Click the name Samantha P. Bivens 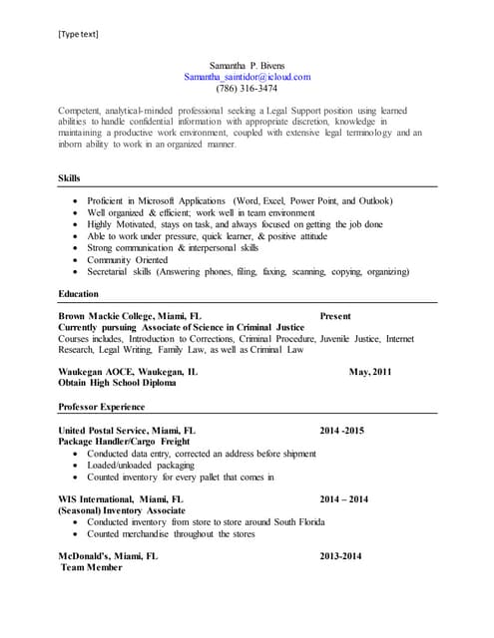click(x=247, y=65)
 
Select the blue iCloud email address click(x=247, y=76)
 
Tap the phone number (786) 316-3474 click(x=247, y=88)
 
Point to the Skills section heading click(x=71, y=178)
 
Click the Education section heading click(x=79, y=294)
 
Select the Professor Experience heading click(x=102, y=407)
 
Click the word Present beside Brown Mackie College click(x=335, y=316)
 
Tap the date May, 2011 click(x=370, y=372)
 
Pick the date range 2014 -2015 click(x=342, y=430)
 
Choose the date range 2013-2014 click(x=340, y=556)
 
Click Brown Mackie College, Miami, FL click(x=130, y=316)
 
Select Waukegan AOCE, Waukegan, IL click(x=128, y=372)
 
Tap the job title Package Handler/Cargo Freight click(x=124, y=441)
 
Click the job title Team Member click(x=92, y=567)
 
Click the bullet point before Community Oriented click(x=76, y=259)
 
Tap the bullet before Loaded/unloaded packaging click(x=76, y=465)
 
